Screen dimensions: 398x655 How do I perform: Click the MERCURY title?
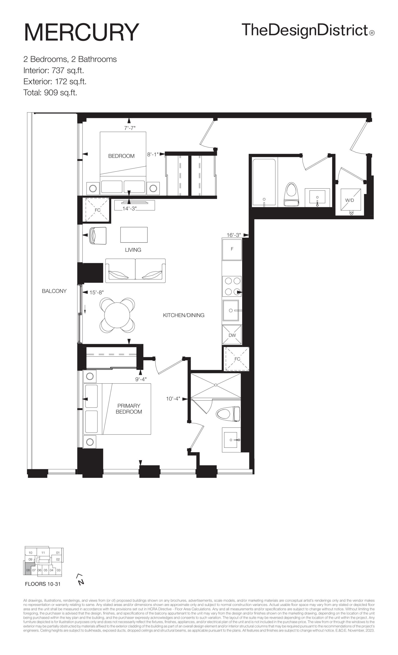click(x=81, y=32)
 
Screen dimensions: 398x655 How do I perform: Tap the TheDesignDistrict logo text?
click(x=308, y=30)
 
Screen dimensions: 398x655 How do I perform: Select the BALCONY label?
click(x=54, y=291)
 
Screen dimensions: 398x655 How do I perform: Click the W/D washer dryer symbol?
click(x=351, y=199)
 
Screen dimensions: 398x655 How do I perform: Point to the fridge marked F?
click(x=232, y=249)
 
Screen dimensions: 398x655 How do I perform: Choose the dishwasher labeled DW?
click(x=232, y=335)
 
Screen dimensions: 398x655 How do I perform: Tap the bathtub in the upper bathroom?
click(x=264, y=182)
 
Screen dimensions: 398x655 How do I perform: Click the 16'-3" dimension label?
click(x=234, y=235)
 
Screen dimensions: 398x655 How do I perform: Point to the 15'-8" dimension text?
click(x=96, y=292)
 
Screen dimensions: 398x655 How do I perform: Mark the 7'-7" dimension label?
click(x=130, y=128)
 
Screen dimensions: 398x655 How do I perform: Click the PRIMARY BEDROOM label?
click(x=129, y=409)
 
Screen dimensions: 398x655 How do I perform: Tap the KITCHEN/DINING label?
click(x=184, y=315)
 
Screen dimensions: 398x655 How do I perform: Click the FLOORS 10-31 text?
click(x=43, y=584)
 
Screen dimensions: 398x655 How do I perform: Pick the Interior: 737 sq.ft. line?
click(x=54, y=70)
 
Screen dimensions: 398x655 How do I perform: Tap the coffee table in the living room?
click(x=134, y=235)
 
